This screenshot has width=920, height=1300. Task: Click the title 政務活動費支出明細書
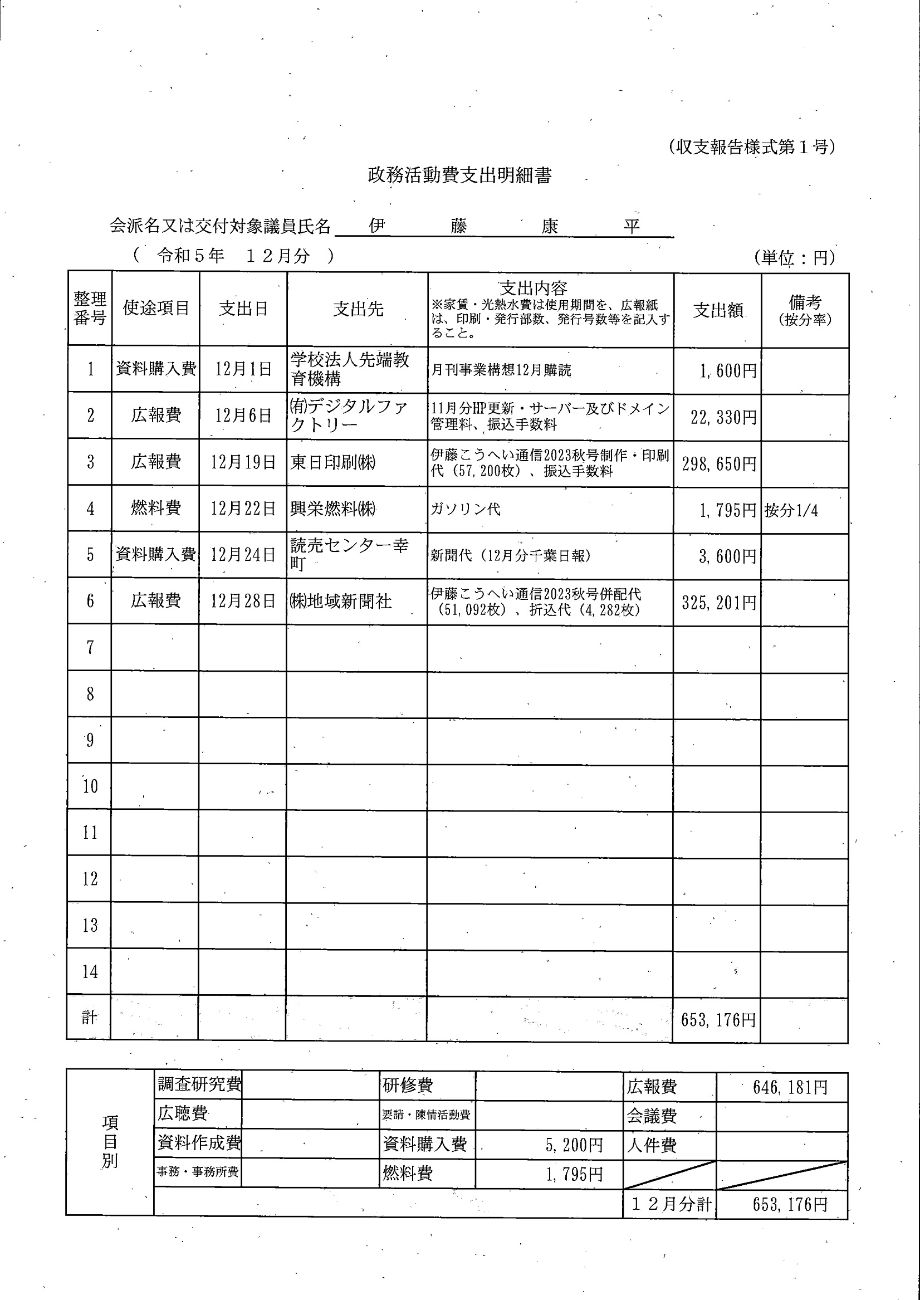459,175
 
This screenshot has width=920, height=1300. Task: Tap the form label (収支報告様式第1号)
751,147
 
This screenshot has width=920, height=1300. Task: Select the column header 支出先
358,309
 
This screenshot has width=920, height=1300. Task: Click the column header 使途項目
156,308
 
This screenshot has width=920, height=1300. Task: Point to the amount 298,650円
719,464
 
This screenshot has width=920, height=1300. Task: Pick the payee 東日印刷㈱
333,462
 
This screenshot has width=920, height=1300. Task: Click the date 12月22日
243,509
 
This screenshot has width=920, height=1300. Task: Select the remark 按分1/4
791,510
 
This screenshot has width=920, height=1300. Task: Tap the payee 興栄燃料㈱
333,509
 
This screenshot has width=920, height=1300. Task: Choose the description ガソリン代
466,509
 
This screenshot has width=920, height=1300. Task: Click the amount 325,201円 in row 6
719,602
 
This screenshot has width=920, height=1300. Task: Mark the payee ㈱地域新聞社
340,601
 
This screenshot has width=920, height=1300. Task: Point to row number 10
90,786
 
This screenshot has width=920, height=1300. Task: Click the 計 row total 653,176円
718,1020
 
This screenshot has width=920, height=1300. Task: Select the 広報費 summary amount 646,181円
790,1087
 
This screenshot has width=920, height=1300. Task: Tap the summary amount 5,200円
574,1145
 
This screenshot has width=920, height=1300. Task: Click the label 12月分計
671,1204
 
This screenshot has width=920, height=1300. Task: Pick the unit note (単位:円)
794,258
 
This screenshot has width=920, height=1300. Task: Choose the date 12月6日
243,416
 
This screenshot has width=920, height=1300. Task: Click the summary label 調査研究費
199,1084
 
